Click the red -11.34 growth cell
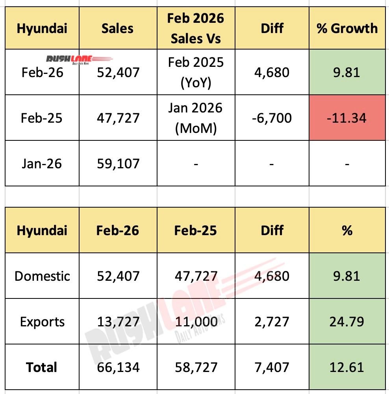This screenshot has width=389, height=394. pyautogui.click(x=347, y=117)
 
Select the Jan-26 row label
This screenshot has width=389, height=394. pyautogui.click(x=42, y=163)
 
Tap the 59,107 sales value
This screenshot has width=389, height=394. pyautogui.click(x=118, y=163)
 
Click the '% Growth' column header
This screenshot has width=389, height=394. pyautogui.click(x=347, y=28)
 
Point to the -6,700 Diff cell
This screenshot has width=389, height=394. pyautogui.click(x=272, y=117)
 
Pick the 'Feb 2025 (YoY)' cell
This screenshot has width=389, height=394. pyautogui.click(x=195, y=72)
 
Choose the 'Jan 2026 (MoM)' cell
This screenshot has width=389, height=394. pyautogui.click(x=195, y=117)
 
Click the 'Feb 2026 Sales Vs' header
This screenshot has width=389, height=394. pyautogui.click(x=195, y=28)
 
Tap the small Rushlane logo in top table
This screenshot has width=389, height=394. pyautogui.click(x=79, y=59)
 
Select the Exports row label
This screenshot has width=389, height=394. pyautogui.click(x=42, y=322)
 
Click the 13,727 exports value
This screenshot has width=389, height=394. pyautogui.click(x=118, y=322)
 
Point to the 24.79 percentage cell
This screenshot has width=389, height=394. pyautogui.click(x=347, y=322)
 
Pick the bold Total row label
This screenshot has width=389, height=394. pyautogui.click(x=42, y=367)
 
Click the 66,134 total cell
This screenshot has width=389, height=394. pyautogui.click(x=118, y=367)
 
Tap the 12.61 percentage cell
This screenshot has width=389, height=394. pyautogui.click(x=347, y=367)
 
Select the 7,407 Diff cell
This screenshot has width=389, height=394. pyautogui.click(x=272, y=367)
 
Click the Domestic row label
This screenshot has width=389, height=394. pyautogui.click(x=42, y=276)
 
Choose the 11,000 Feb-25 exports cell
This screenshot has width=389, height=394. pyautogui.click(x=195, y=322)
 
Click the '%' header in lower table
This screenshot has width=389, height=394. pyautogui.click(x=347, y=230)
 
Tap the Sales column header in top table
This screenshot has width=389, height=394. pyautogui.click(x=118, y=28)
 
